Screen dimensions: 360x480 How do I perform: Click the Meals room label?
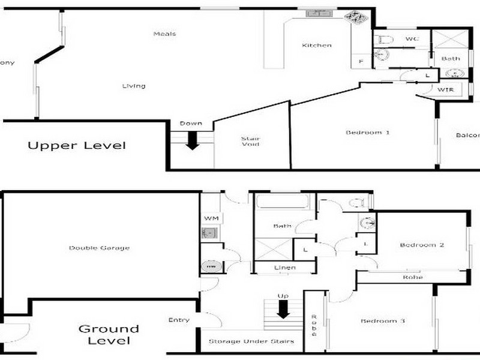(164, 34)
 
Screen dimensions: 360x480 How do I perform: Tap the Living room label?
(133, 86)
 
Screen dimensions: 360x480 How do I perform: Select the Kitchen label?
(316, 45)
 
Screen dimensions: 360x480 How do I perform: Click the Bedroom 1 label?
(368, 132)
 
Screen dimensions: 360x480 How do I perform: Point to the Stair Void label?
(251, 141)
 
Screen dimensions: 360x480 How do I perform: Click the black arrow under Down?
(192, 140)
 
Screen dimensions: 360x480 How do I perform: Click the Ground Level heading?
(109, 334)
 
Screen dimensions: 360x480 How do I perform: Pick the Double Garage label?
(99, 248)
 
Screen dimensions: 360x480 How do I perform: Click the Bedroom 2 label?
(422, 245)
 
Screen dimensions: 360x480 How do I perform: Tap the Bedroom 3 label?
(383, 322)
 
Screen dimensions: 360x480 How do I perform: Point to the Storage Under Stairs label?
(251, 341)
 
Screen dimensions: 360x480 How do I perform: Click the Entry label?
(179, 320)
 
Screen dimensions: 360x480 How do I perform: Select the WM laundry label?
(211, 217)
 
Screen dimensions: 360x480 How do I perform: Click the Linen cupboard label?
(285, 267)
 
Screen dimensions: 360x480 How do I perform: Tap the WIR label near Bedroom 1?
(445, 89)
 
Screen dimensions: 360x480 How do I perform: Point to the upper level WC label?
(411, 39)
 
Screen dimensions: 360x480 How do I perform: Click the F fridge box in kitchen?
(361, 61)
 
